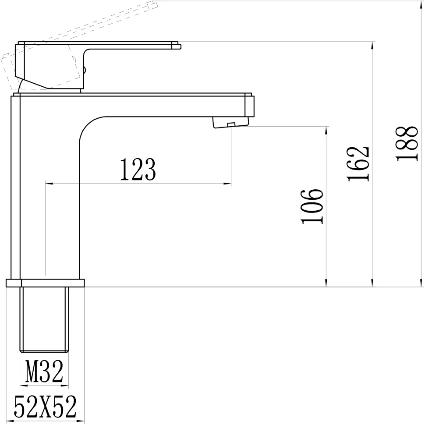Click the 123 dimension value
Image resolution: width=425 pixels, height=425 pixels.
(138, 170)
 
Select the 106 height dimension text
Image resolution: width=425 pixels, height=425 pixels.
(312, 206)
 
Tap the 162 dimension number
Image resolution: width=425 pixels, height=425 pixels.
(358, 164)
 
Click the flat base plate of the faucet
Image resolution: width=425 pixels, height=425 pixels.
(45, 283)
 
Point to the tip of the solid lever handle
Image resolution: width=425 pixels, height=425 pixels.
(178, 46)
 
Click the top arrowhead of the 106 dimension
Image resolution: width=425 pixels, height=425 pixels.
(326, 130)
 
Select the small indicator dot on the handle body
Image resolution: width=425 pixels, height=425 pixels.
(85, 68)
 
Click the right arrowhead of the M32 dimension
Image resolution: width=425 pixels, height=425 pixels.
(66, 386)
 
